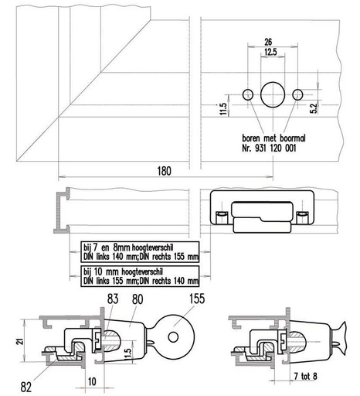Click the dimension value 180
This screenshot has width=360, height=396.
164,171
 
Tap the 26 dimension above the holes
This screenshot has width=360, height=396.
268,42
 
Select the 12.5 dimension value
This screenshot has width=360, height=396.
270,52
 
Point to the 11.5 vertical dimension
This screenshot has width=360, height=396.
223,109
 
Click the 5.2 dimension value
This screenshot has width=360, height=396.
314,108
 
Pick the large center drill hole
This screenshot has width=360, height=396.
273,94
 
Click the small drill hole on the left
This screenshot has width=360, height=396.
248,94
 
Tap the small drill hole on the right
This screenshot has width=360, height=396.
297,94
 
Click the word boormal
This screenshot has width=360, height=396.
293,138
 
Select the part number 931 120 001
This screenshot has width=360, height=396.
276,148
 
